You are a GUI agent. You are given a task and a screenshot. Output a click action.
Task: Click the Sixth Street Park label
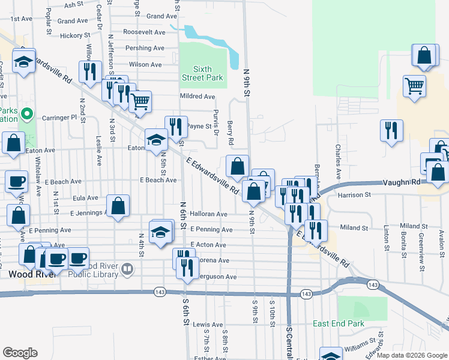click(203, 73)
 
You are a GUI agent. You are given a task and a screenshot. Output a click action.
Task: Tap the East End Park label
click(339, 323)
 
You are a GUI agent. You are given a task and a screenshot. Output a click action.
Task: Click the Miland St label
click(354, 227)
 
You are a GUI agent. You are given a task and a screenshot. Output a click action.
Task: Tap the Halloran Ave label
click(208, 214)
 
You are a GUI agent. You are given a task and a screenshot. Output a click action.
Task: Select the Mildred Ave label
click(197, 96)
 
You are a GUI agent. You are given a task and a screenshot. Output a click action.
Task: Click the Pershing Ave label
click(144, 48)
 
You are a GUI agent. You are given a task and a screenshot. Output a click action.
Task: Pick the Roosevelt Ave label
click(144, 32)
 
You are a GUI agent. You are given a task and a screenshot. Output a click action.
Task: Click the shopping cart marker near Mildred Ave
click(140, 101)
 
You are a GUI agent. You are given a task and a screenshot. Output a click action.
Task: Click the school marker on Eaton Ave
click(156, 140)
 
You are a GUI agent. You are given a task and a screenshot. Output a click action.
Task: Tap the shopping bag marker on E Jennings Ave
click(119, 205)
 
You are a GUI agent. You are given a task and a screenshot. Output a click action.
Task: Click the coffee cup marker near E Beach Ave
click(17, 181)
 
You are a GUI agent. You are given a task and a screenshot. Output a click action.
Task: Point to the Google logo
click(20, 353)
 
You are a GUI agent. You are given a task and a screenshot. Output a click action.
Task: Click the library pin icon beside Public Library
click(127, 270)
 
